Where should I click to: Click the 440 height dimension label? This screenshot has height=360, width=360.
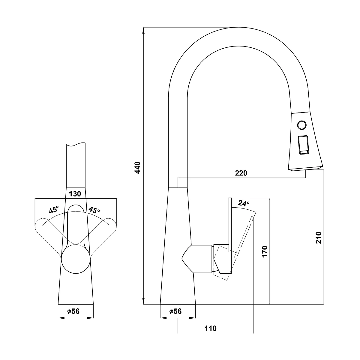[x=138, y=168]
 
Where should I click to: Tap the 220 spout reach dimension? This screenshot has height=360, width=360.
[x=241, y=173]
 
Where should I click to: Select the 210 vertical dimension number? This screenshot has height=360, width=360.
[x=319, y=238]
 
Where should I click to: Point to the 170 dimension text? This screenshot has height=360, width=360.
[x=265, y=252]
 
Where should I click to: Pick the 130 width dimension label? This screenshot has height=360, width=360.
[x=75, y=194]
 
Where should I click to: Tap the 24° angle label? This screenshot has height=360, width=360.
[x=244, y=203]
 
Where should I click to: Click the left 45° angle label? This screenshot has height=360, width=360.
[x=54, y=210]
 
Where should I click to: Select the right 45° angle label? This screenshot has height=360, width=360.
[x=94, y=210]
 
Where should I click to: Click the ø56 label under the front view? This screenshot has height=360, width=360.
[x=73, y=311]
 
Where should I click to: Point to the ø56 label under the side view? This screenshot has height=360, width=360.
[x=175, y=311]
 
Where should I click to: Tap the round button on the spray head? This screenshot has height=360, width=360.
[x=302, y=125]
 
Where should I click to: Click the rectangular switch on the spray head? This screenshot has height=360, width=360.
[x=303, y=145]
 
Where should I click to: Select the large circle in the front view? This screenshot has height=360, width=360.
[x=76, y=259]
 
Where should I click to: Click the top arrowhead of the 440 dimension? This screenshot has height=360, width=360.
[x=143, y=31]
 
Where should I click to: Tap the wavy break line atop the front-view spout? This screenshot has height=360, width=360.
[x=76, y=144]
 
